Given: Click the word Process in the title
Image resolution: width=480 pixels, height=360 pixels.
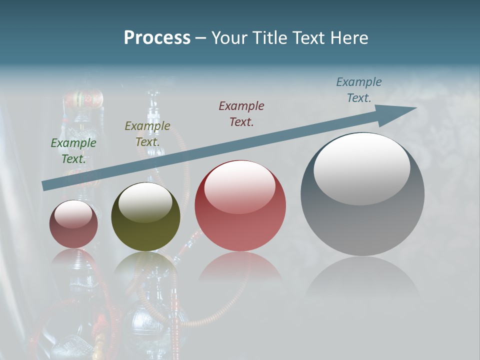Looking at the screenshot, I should coord(157,38).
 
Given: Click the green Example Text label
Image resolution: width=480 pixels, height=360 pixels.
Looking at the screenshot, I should coord(73,151).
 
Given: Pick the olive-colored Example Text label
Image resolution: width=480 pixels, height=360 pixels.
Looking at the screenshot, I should coord(147,134).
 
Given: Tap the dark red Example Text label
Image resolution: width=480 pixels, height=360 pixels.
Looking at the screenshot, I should coord(241,113).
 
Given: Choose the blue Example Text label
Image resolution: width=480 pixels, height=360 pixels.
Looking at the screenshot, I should coord(358,90).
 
